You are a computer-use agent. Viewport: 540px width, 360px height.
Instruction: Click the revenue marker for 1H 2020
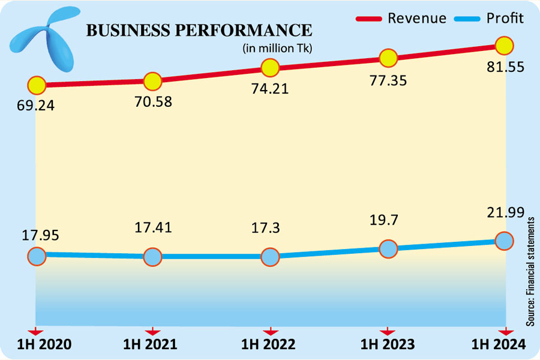(x=37, y=85)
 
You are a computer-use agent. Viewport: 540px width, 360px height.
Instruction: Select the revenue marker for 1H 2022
(x=270, y=67)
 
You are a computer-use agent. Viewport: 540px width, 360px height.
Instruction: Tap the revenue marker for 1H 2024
(x=505, y=45)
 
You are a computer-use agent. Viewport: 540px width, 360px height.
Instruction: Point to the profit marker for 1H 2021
(x=153, y=257)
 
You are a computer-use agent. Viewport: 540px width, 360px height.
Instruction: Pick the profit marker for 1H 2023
(x=388, y=248)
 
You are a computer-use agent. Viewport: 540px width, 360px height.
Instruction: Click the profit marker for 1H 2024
(x=505, y=241)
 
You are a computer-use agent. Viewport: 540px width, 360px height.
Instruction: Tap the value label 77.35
(x=388, y=79)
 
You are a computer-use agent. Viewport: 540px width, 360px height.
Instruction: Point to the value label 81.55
(x=505, y=67)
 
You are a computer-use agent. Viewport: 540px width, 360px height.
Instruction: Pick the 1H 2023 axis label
(x=388, y=344)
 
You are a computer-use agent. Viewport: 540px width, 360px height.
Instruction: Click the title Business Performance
(x=199, y=31)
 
